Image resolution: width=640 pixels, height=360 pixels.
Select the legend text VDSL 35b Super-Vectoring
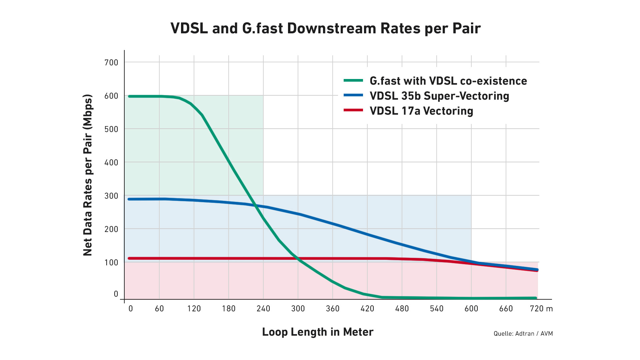[439, 96]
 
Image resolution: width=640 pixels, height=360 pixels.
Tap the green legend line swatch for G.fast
[353, 80]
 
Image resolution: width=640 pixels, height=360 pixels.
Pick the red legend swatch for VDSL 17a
[353, 110]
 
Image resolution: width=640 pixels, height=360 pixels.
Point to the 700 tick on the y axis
[111, 62]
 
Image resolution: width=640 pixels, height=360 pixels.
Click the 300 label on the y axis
[111, 196]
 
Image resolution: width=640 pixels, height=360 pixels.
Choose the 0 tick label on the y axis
[116, 294]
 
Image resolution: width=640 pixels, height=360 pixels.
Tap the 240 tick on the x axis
[263, 309]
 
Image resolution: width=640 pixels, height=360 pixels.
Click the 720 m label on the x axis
[541, 309]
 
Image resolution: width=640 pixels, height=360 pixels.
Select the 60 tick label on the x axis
[159, 309]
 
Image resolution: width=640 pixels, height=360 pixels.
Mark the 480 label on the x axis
[402, 309]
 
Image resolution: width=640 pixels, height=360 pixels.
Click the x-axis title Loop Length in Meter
[318, 332]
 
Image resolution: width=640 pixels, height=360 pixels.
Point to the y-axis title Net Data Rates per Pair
[88, 175]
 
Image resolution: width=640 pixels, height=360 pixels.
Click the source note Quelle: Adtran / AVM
[523, 334]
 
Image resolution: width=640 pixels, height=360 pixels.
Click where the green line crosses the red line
[298, 259]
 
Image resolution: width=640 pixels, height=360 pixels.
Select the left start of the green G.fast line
[129, 96]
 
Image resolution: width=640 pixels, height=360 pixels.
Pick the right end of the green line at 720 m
[536, 298]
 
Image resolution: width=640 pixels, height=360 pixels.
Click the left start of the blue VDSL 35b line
[129, 199]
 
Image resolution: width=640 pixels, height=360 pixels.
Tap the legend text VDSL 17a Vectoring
[421, 111]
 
